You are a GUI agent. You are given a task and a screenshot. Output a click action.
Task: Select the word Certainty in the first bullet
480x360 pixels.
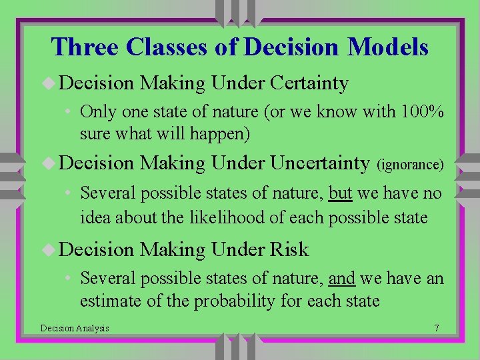(x=309, y=83)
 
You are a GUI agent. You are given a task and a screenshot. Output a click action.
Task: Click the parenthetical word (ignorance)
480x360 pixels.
(x=410, y=164)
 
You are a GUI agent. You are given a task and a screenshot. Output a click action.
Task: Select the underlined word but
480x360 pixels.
(x=340, y=194)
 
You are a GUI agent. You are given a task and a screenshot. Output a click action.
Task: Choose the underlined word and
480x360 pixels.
(x=341, y=278)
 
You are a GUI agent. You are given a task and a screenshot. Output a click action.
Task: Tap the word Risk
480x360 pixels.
(x=289, y=249)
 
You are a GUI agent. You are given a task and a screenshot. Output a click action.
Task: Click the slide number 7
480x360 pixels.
(x=436, y=328)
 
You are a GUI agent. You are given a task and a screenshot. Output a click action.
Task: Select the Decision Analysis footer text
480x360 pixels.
(x=75, y=328)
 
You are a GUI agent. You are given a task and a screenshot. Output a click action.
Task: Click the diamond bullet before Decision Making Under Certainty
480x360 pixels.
(x=49, y=84)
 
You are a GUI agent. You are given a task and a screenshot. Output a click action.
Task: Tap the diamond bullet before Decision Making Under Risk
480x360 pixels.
(x=49, y=250)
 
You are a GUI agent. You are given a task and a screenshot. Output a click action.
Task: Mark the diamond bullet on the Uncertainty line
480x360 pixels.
(x=49, y=163)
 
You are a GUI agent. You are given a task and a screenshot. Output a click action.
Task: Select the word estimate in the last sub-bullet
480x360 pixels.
(x=109, y=301)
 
